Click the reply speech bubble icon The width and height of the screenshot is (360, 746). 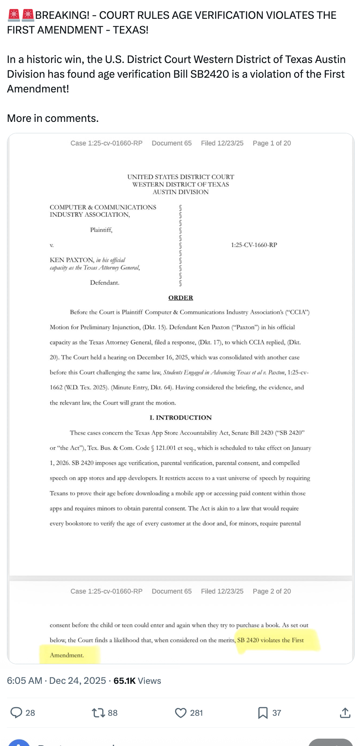pos(16,713)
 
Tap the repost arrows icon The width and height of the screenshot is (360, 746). pos(98,713)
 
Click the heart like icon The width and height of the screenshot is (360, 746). pos(180,713)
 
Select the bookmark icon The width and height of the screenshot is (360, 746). pos(263,713)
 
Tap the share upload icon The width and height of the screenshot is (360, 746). pos(345,713)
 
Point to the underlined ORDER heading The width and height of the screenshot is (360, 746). pos(180,298)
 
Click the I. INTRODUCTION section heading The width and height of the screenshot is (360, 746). pos(180,418)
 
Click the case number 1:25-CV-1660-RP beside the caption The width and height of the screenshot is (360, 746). pos(254,245)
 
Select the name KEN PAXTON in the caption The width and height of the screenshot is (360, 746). pos(72,260)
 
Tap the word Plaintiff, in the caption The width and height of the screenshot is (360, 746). pos(101,230)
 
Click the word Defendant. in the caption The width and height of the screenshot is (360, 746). pos(105,283)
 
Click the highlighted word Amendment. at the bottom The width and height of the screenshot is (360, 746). pos(67,655)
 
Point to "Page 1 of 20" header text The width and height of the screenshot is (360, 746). pos(272,143)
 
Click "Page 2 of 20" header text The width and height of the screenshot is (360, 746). pos(272,591)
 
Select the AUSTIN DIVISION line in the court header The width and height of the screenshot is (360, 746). pos(180,192)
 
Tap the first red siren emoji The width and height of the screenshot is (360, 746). pos(13,15)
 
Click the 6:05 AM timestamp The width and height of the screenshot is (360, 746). pos(25,681)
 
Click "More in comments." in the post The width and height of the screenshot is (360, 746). pos(53,119)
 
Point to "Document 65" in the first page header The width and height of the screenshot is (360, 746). pos(171,143)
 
